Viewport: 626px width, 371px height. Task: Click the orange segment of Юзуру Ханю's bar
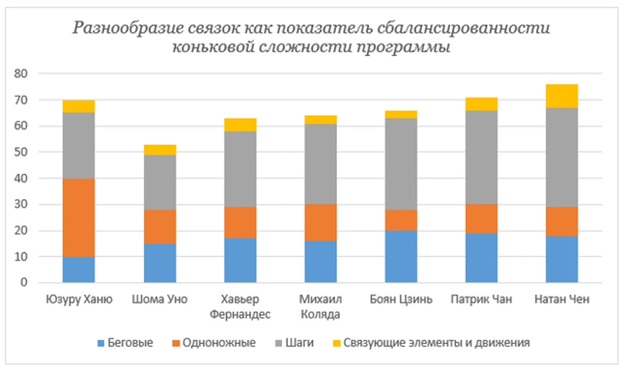[78, 217]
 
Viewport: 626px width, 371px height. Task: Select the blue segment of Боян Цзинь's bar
[401, 256]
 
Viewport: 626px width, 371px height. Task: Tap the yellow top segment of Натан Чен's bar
[562, 96]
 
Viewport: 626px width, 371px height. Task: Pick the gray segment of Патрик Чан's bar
[481, 157]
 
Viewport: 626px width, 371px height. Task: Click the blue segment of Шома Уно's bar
[160, 263]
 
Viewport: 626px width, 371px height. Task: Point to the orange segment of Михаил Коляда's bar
[320, 223]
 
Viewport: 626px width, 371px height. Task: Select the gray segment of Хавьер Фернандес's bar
[240, 169]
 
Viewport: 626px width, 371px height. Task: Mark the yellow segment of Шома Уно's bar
[160, 150]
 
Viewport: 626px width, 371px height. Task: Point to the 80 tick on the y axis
[21, 74]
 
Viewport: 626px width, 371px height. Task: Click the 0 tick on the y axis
[24, 282]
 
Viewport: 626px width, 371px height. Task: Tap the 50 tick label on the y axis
[21, 152]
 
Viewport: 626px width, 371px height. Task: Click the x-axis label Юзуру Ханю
[79, 299]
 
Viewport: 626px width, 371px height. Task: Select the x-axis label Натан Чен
[562, 299]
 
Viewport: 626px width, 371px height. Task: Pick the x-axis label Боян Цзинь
[401, 299]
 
